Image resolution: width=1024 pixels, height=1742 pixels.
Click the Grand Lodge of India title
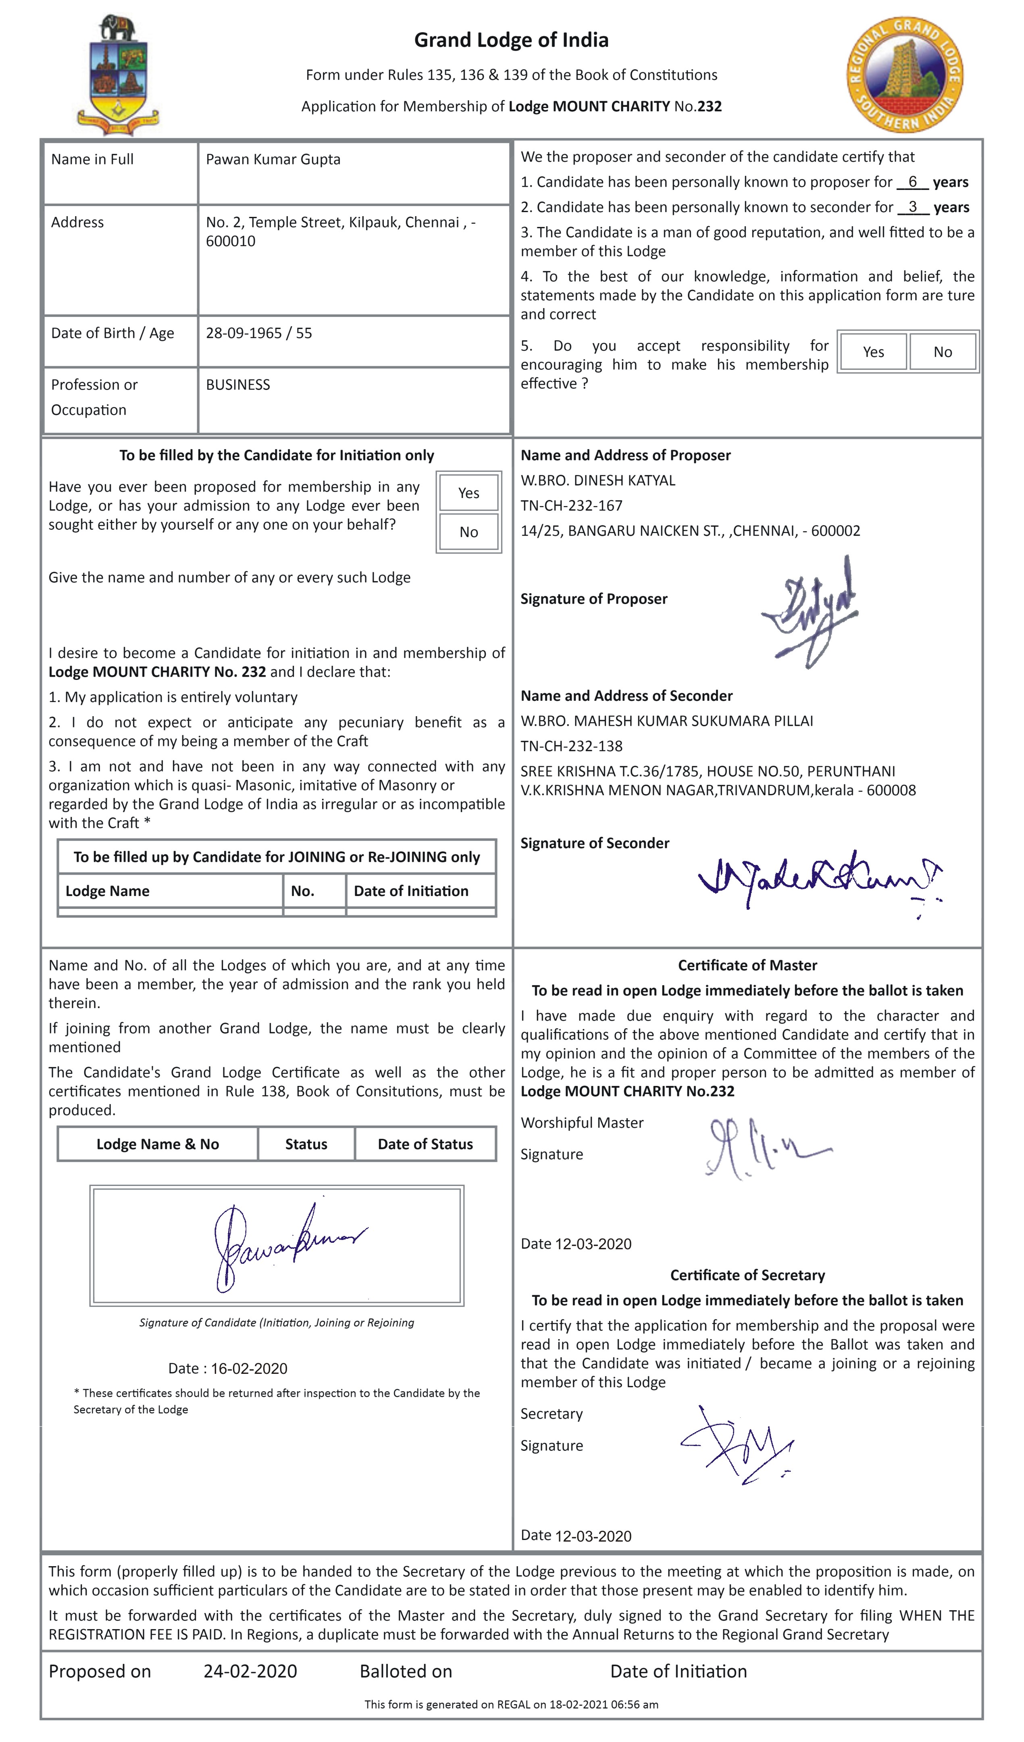tap(511, 40)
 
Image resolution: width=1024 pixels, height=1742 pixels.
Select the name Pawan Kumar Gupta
tap(273, 160)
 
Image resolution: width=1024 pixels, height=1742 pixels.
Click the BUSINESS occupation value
tap(238, 385)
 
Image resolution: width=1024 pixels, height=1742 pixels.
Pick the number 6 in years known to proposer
tap(912, 182)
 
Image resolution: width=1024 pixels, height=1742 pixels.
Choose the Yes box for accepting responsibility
tap(873, 352)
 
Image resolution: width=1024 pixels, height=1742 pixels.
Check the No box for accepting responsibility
tap(943, 352)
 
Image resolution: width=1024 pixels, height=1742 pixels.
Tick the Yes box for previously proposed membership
tap(468, 493)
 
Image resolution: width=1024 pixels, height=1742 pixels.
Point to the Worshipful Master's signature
tap(764, 1148)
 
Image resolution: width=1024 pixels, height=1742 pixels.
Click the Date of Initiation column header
tap(411, 891)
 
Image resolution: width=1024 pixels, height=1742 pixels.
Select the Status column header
tap(306, 1144)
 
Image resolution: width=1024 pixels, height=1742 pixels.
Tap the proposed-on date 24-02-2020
tap(250, 1671)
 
